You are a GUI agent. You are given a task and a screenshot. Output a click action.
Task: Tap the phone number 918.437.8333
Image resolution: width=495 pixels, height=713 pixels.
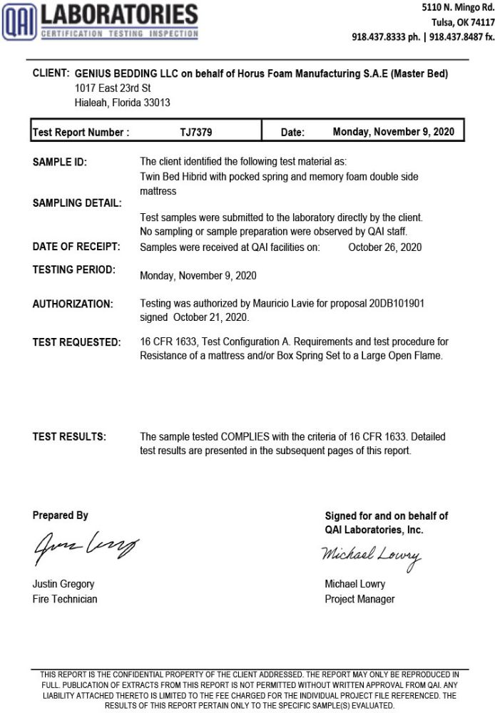381,37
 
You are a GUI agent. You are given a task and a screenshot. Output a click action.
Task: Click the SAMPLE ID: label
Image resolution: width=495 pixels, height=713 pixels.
60,162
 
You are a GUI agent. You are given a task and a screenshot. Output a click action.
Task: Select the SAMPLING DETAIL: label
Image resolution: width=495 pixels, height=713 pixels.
76,202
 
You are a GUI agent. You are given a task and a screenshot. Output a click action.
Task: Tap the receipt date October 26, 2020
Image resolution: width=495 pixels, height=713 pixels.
385,247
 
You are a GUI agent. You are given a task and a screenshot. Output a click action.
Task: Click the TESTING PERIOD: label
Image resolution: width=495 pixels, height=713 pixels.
73,270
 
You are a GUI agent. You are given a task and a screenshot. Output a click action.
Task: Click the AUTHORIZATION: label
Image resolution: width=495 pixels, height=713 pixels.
73,304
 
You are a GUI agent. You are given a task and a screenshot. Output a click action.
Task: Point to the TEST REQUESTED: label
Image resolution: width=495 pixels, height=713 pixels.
76,342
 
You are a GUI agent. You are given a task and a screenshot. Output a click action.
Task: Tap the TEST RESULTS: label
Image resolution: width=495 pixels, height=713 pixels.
69,436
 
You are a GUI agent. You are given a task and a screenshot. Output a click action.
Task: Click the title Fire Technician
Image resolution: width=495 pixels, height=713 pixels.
65,599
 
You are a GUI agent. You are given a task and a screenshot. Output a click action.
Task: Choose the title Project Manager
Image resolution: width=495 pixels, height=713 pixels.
359,599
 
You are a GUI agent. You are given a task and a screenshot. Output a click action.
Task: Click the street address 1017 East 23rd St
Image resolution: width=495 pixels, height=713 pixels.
113,88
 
